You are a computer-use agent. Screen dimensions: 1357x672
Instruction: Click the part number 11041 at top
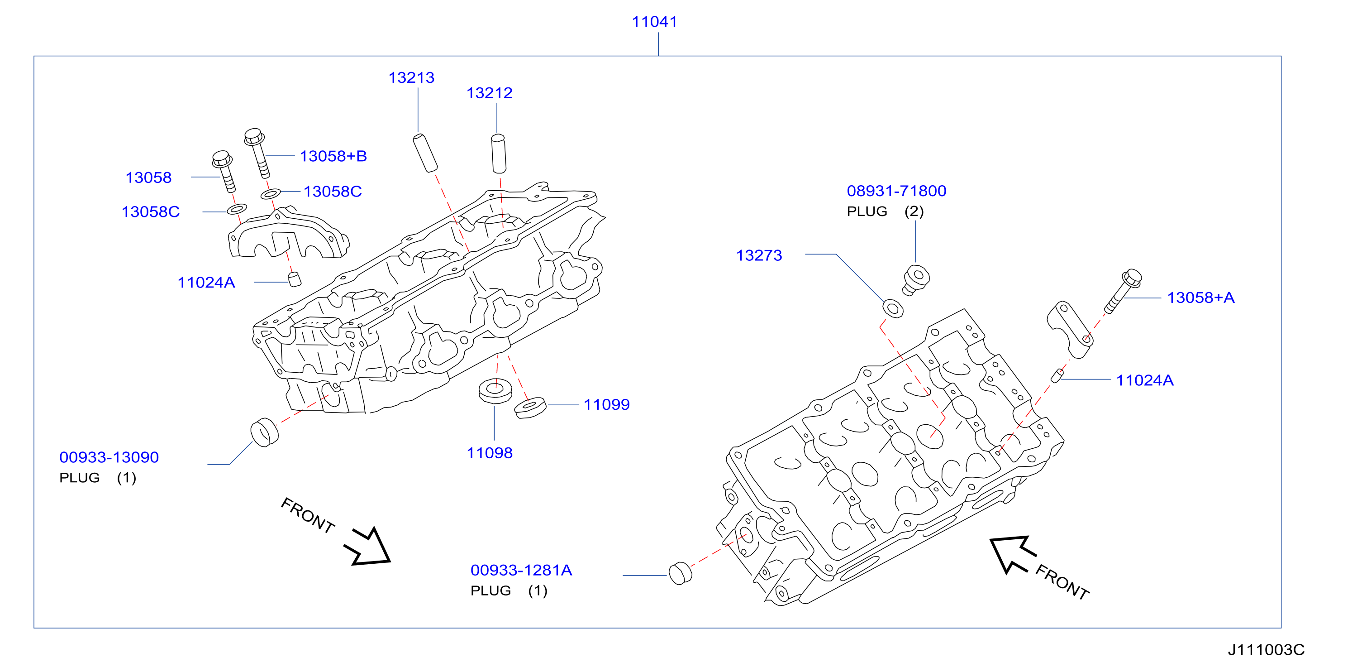[654, 22]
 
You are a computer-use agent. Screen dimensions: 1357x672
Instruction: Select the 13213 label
[411, 77]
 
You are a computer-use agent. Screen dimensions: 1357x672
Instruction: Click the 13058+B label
[333, 156]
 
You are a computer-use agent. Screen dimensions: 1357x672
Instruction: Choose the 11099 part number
[606, 404]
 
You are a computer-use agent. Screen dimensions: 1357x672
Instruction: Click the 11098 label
[490, 453]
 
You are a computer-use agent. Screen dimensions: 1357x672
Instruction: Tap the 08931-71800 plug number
[896, 191]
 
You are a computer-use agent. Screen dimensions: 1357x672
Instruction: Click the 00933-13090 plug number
[109, 457]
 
